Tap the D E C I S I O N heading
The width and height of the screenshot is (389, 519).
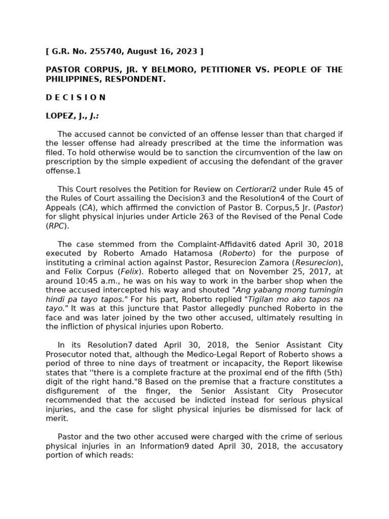coord(75,97)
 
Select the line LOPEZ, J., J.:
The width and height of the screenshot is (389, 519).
coord(72,116)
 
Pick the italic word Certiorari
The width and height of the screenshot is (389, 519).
coord(253,190)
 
